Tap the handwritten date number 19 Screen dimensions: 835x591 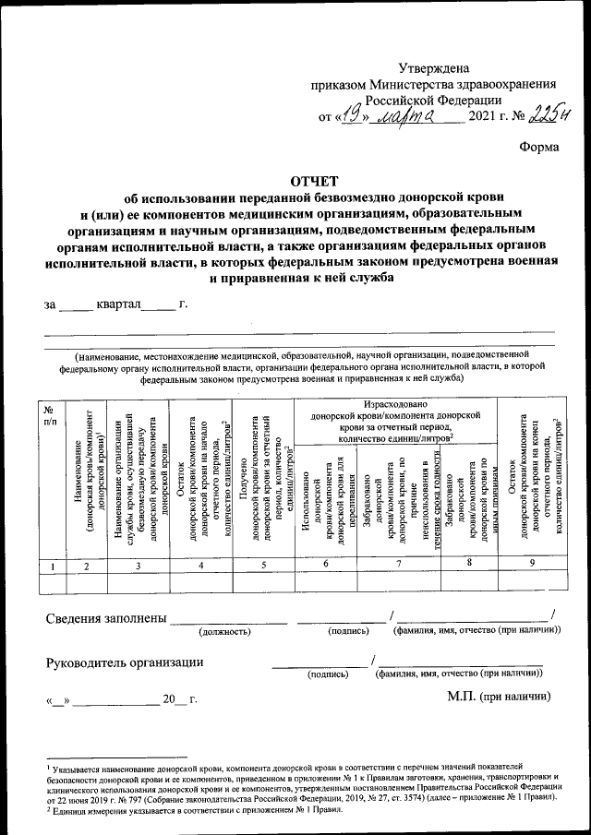click(x=348, y=116)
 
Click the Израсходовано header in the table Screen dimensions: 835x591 click(x=394, y=404)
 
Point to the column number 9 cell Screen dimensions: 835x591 click(x=530, y=564)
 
